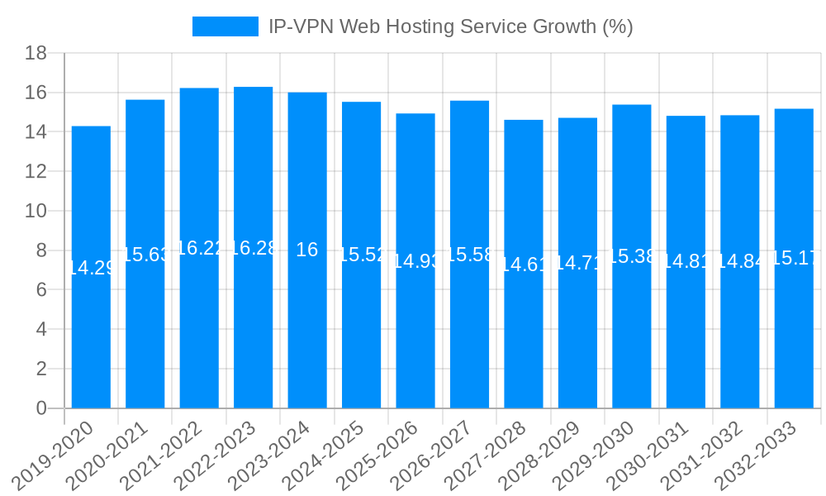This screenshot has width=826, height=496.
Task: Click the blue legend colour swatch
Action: [x=225, y=26]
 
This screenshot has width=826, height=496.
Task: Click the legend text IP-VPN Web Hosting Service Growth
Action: [x=450, y=26]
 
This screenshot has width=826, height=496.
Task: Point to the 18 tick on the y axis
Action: [x=36, y=53]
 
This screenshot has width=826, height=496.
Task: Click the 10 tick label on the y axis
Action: [x=36, y=211]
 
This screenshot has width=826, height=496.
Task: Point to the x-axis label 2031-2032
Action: [x=703, y=454]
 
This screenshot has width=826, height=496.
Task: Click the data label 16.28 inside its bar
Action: [x=253, y=248]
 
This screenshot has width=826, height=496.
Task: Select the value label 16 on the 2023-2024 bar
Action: [x=306, y=250]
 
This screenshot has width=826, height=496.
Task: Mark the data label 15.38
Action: [x=632, y=256]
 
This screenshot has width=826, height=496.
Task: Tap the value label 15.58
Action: [x=469, y=255]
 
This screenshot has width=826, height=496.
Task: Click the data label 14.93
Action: [x=415, y=261]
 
